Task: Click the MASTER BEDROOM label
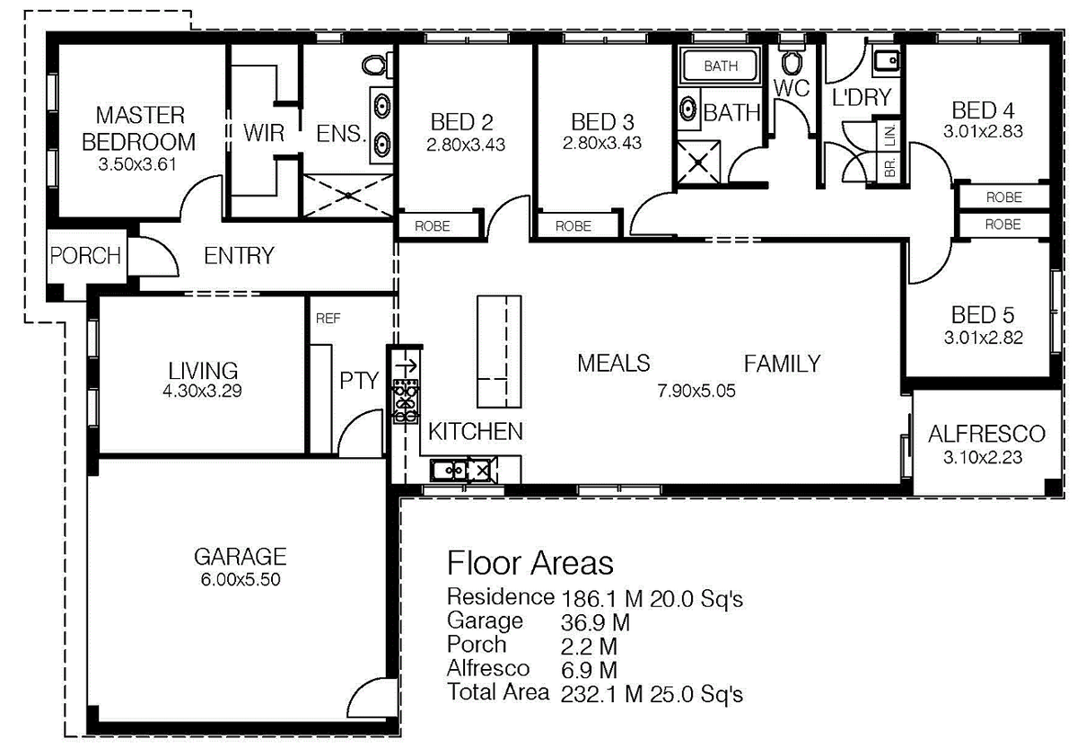(x=139, y=128)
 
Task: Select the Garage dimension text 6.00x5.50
(x=241, y=580)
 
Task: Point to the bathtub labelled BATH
(x=720, y=66)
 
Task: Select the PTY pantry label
(x=358, y=380)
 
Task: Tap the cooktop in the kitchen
(x=406, y=400)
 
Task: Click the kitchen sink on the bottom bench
(x=446, y=468)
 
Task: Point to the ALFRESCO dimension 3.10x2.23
(x=985, y=456)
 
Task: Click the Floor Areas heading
(x=530, y=563)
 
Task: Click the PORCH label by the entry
(x=85, y=255)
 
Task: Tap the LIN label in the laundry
(x=890, y=136)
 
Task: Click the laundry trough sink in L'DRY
(x=886, y=60)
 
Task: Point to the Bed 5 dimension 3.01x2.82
(x=983, y=339)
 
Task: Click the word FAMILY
(x=782, y=364)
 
